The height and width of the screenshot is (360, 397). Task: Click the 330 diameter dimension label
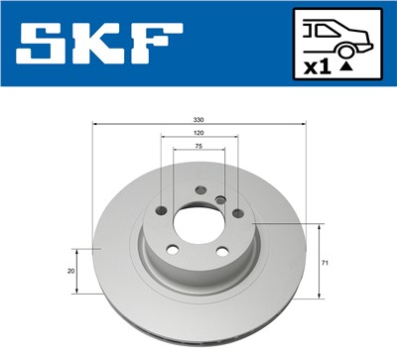point(199,118)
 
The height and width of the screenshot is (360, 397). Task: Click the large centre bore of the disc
point(198,219)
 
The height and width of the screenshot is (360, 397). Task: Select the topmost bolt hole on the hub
point(200,190)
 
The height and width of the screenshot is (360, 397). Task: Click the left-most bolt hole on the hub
point(161,210)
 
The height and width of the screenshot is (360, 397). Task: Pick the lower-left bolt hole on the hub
point(173,249)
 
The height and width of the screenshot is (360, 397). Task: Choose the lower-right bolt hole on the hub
point(223,250)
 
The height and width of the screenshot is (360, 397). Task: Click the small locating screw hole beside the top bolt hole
point(221,200)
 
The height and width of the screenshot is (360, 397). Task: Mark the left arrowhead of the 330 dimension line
point(94,124)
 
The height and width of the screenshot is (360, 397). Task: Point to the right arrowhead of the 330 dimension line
point(304,124)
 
